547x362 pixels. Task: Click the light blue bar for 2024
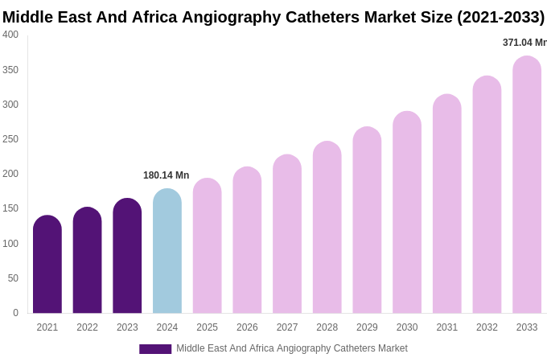[x=167, y=251]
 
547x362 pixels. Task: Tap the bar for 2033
[x=527, y=185]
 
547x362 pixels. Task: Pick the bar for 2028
[x=327, y=228]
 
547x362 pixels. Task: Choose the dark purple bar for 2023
[x=127, y=256]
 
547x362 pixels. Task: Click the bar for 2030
[x=407, y=212]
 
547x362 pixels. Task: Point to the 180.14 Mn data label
[x=166, y=175]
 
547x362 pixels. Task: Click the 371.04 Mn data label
[x=524, y=43]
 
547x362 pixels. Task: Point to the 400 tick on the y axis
[x=10, y=35]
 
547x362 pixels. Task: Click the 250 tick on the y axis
[x=10, y=139]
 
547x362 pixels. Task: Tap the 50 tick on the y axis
[x=13, y=278]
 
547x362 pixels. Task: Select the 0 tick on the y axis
[x=15, y=313]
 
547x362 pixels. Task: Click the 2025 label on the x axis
[x=207, y=327]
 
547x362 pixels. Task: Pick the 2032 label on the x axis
[x=487, y=327]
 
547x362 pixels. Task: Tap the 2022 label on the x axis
[x=87, y=327]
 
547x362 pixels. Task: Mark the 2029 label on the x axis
[x=367, y=327]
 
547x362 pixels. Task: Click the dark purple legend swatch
[x=155, y=349]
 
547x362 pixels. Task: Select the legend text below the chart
[x=292, y=348]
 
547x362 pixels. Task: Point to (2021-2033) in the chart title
[x=500, y=17]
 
